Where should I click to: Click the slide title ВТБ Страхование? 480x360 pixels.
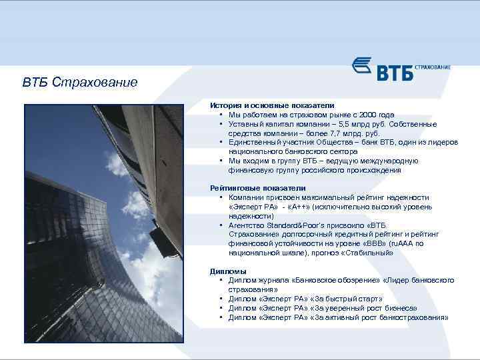point(80,83)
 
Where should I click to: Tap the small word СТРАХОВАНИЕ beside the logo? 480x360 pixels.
point(433,67)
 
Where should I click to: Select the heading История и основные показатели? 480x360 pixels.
point(272,105)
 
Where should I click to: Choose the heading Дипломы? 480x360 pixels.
point(228,271)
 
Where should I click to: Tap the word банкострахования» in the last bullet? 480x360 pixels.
point(413,318)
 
